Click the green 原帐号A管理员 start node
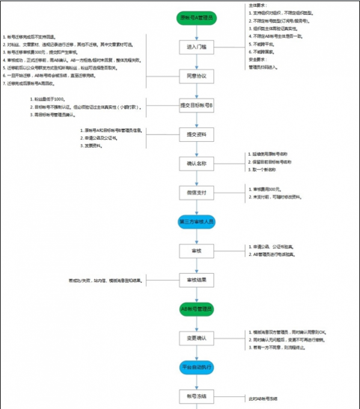pos(197,19)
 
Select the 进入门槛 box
pos(197,47)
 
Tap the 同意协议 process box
pos(197,76)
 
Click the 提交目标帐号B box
pos(197,105)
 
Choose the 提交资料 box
pos(197,134)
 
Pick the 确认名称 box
pos(197,163)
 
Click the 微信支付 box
pos(197,192)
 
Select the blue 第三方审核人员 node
pos(197,221)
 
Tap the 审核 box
pos(197,250)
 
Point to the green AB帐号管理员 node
pos(197,309)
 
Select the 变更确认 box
pos(197,338)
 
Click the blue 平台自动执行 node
pos(197,367)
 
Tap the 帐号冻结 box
pos(197,396)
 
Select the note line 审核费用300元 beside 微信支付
pos(265,189)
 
